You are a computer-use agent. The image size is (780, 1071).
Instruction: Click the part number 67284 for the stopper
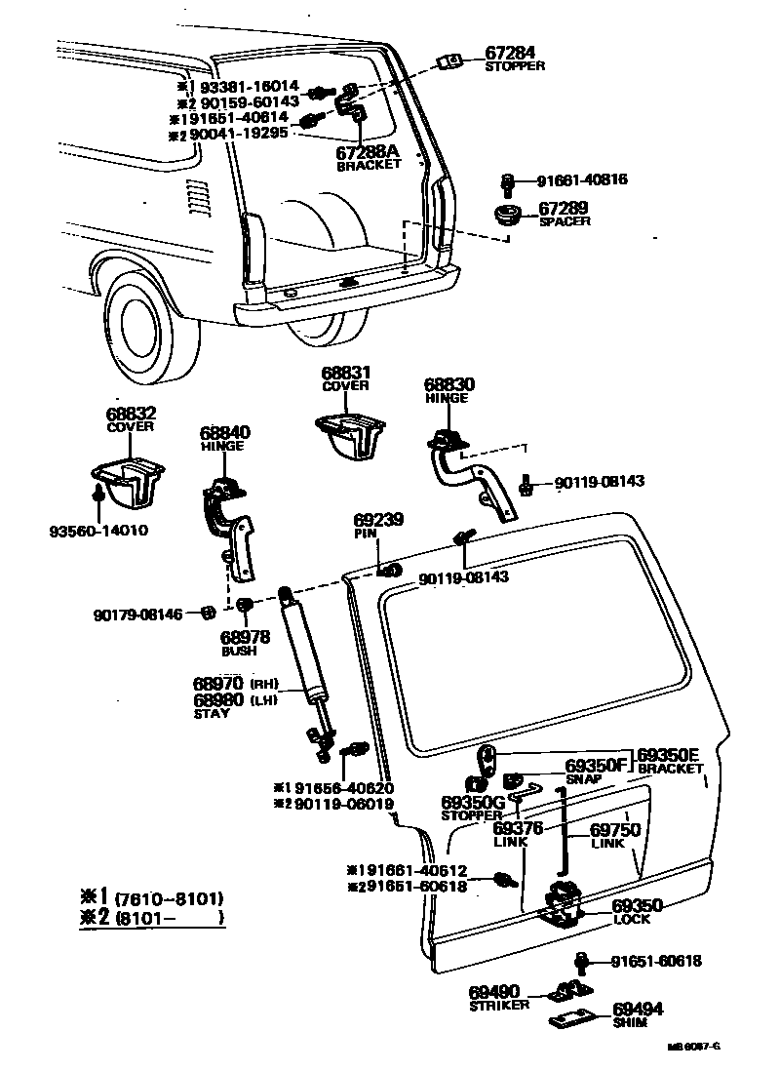pyautogui.click(x=510, y=53)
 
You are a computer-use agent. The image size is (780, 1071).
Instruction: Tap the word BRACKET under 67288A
pyautogui.click(x=369, y=165)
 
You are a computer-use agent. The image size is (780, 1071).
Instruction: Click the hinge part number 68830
pyautogui.click(x=447, y=384)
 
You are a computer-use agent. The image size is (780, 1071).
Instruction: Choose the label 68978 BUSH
pyautogui.click(x=240, y=644)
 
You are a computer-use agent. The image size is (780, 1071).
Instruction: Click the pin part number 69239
pyautogui.click(x=378, y=522)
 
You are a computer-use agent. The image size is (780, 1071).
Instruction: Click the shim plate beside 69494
pyautogui.click(x=575, y=1019)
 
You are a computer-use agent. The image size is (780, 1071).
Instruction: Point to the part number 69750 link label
pyautogui.click(x=614, y=830)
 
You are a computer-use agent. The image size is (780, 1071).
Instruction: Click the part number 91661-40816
pyautogui.click(x=581, y=180)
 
